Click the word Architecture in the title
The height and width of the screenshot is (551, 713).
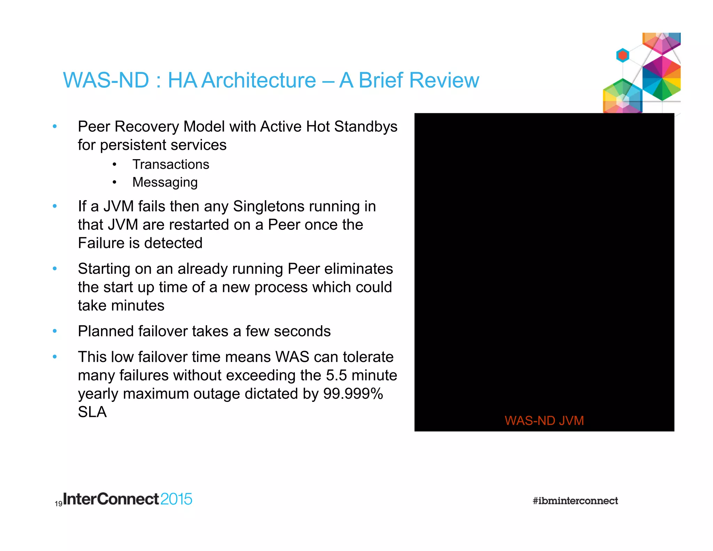click(x=259, y=80)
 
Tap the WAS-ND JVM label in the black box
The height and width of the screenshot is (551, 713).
click(x=544, y=420)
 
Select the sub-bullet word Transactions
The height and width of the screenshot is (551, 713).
click(x=171, y=164)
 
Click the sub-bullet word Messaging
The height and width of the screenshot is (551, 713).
click(x=165, y=182)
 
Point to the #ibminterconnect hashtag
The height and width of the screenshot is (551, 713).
click(x=575, y=500)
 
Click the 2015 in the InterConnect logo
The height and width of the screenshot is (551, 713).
click(x=176, y=499)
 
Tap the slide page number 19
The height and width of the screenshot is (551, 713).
click(x=58, y=504)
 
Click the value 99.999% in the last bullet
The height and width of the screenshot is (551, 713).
click(x=353, y=394)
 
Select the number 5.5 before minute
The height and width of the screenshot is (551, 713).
click(x=336, y=375)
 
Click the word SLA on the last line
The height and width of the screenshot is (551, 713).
click(x=92, y=412)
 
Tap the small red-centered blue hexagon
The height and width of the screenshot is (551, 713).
click(x=622, y=55)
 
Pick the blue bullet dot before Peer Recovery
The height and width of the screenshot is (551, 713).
click(x=55, y=126)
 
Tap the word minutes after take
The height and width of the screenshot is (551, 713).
click(x=138, y=305)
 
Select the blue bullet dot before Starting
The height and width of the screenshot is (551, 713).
click(x=55, y=269)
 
